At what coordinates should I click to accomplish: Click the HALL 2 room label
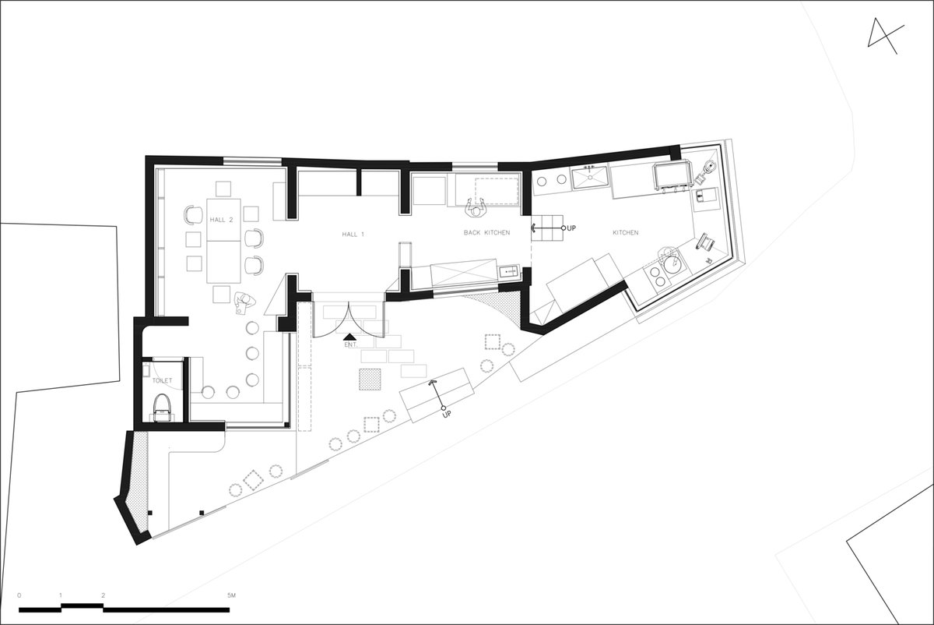pos(221,220)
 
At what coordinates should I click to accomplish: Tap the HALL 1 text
pos(353,235)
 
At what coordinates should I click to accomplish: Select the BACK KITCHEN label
pos(486,232)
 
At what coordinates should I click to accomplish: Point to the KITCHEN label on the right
pos(626,232)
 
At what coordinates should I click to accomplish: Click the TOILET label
pos(162,380)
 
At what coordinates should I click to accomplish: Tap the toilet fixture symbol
pos(162,408)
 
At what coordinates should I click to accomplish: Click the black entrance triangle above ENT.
pos(349,337)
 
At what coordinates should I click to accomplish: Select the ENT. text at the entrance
pos(351,345)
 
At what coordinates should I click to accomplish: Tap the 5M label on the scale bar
pos(231,595)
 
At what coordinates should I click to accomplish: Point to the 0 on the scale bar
pos(19,595)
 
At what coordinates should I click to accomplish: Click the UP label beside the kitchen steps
pos(571,228)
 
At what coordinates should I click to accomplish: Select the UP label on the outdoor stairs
pos(447,415)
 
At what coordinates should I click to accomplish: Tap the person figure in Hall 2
pos(244,302)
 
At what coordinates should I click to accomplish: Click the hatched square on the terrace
pos(370,379)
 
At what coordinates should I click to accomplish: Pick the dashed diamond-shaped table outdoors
pos(253,480)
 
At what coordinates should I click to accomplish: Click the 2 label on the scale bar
pos(103,595)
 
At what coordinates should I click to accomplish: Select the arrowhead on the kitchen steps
pos(534,228)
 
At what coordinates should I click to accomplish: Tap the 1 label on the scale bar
pos(61,595)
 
